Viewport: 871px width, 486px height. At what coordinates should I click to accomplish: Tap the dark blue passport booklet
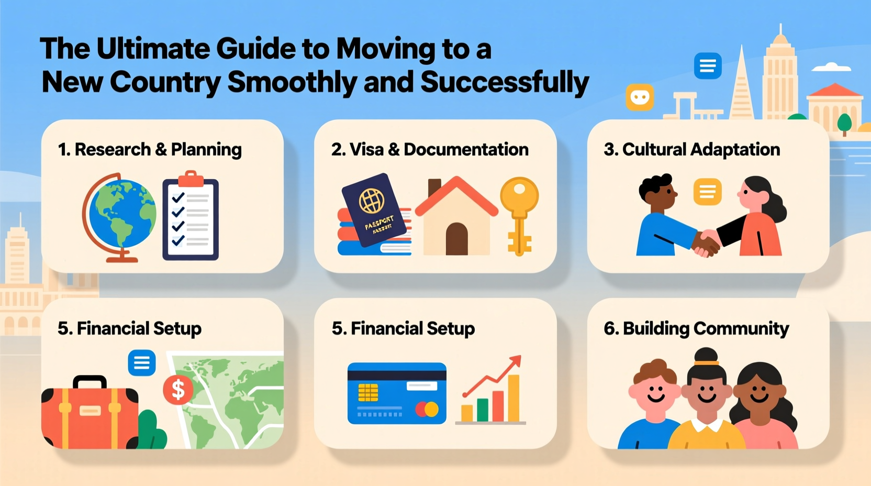pos(374,209)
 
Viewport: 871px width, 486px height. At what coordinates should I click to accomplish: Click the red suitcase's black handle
pos(90,382)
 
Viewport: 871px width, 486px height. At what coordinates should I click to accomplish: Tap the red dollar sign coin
pos(178,390)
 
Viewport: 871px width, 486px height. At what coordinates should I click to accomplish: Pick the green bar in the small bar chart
pos(482,410)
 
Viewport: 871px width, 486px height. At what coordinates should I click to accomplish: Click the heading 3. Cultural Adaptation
pos(691,150)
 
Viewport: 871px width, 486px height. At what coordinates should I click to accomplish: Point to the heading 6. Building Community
pos(696,329)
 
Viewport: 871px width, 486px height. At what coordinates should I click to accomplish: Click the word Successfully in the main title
pos(505,82)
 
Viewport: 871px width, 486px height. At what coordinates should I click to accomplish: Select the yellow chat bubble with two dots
pos(640,97)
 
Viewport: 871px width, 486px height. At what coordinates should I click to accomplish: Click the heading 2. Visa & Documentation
pos(430,150)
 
